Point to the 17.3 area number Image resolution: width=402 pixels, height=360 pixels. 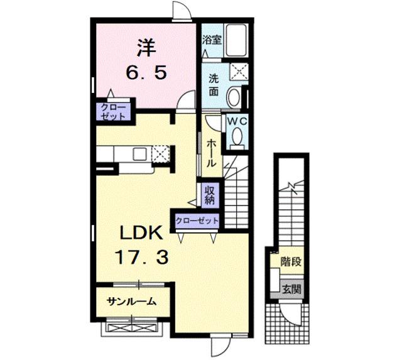[141, 256]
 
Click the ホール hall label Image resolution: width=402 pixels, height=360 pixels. [212, 151]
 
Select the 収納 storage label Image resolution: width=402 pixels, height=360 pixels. [209, 194]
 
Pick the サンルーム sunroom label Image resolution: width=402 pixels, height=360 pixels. [131, 302]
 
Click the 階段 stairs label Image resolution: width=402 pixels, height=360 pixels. [290, 261]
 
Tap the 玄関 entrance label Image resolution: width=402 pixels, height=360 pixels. [291, 290]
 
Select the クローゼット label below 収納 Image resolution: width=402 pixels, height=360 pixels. [197, 221]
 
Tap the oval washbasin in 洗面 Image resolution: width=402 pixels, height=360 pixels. [232, 98]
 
